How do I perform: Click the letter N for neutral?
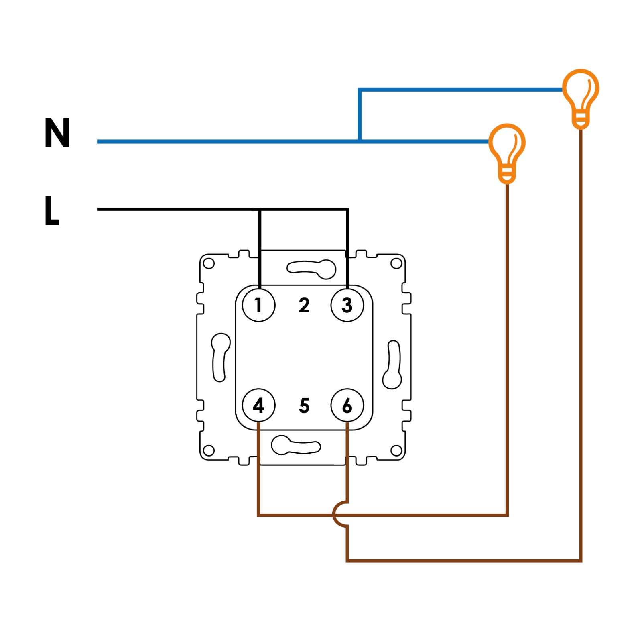coord(57,133)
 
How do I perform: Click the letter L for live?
coord(52,210)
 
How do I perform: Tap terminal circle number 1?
coord(259,305)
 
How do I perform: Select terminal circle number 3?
coord(347,305)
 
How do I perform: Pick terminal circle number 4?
coord(259,406)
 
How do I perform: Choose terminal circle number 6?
coord(347,406)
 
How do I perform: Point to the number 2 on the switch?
coord(304,305)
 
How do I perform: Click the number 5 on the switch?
coord(304,406)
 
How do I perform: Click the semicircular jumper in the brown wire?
coord(339,514)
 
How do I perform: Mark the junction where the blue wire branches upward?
coord(360,141)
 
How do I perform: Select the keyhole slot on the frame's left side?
coord(220,357)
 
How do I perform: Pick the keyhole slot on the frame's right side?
coord(392,365)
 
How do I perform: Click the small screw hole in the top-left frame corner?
coord(209,264)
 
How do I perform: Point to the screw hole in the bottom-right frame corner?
coord(396,450)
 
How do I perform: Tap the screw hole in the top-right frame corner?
coord(396,264)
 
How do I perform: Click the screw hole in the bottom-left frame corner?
coord(209,450)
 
